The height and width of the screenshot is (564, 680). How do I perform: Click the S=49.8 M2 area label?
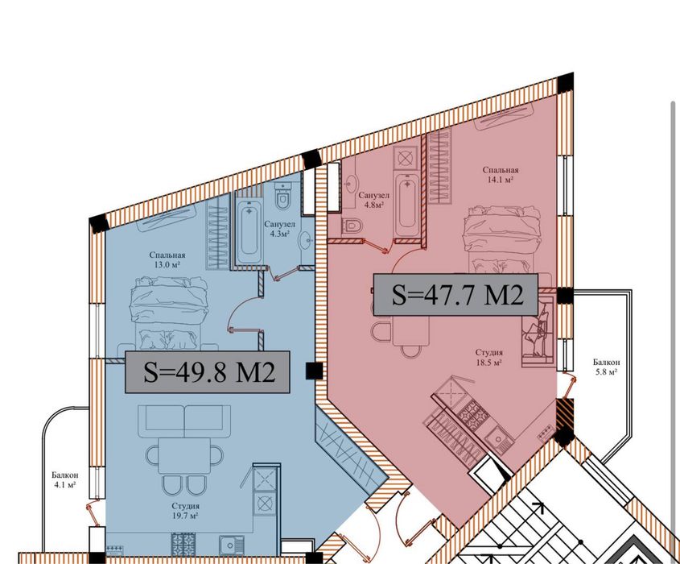click(x=208, y=372)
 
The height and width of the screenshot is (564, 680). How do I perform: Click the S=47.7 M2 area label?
click(x=455, y=294)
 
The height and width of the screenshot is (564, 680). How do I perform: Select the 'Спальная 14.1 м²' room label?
click(x=501, y=174)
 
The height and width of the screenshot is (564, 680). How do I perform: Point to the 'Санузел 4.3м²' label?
click(x=280, y=229)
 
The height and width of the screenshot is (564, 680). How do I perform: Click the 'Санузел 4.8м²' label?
click(x=373, y=200)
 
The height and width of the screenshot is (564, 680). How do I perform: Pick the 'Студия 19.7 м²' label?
click(x=185, y=511)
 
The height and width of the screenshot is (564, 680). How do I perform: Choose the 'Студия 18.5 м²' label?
click(x=489, y=357)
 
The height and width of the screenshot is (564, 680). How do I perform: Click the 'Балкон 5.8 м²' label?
click(x=606, y=367)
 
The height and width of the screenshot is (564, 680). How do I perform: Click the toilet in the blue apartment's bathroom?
click(x=283, y=197)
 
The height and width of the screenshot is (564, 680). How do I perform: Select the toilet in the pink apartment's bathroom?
click(x=352, y=226)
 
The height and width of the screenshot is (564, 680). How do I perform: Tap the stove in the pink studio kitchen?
click(x=473, y=413)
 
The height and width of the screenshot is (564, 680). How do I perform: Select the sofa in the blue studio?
click(x=184, y=422)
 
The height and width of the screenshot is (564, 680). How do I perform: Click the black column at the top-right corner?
click(x=565, y=82)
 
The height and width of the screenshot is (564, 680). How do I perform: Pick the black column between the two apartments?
click(x=314, y=371)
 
